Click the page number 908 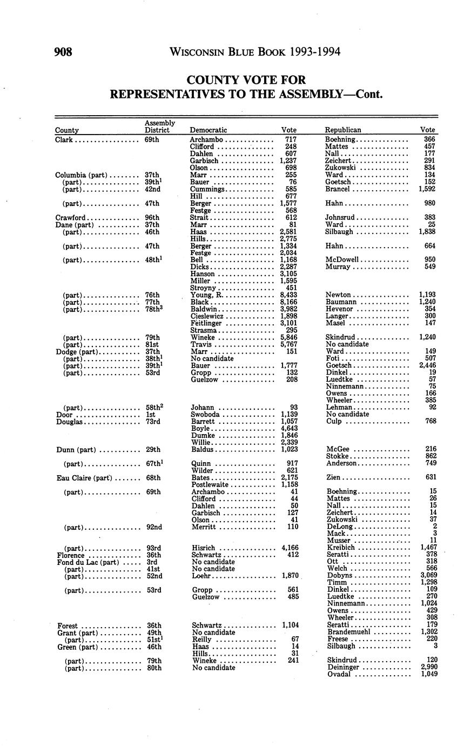click(63, 52)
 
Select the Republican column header click(342, 130)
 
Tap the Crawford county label click(70, 217)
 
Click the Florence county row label click(71, 555)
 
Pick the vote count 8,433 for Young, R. click(289, 295)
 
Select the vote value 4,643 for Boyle click(289, 428)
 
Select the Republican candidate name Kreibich click(341, 548)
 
